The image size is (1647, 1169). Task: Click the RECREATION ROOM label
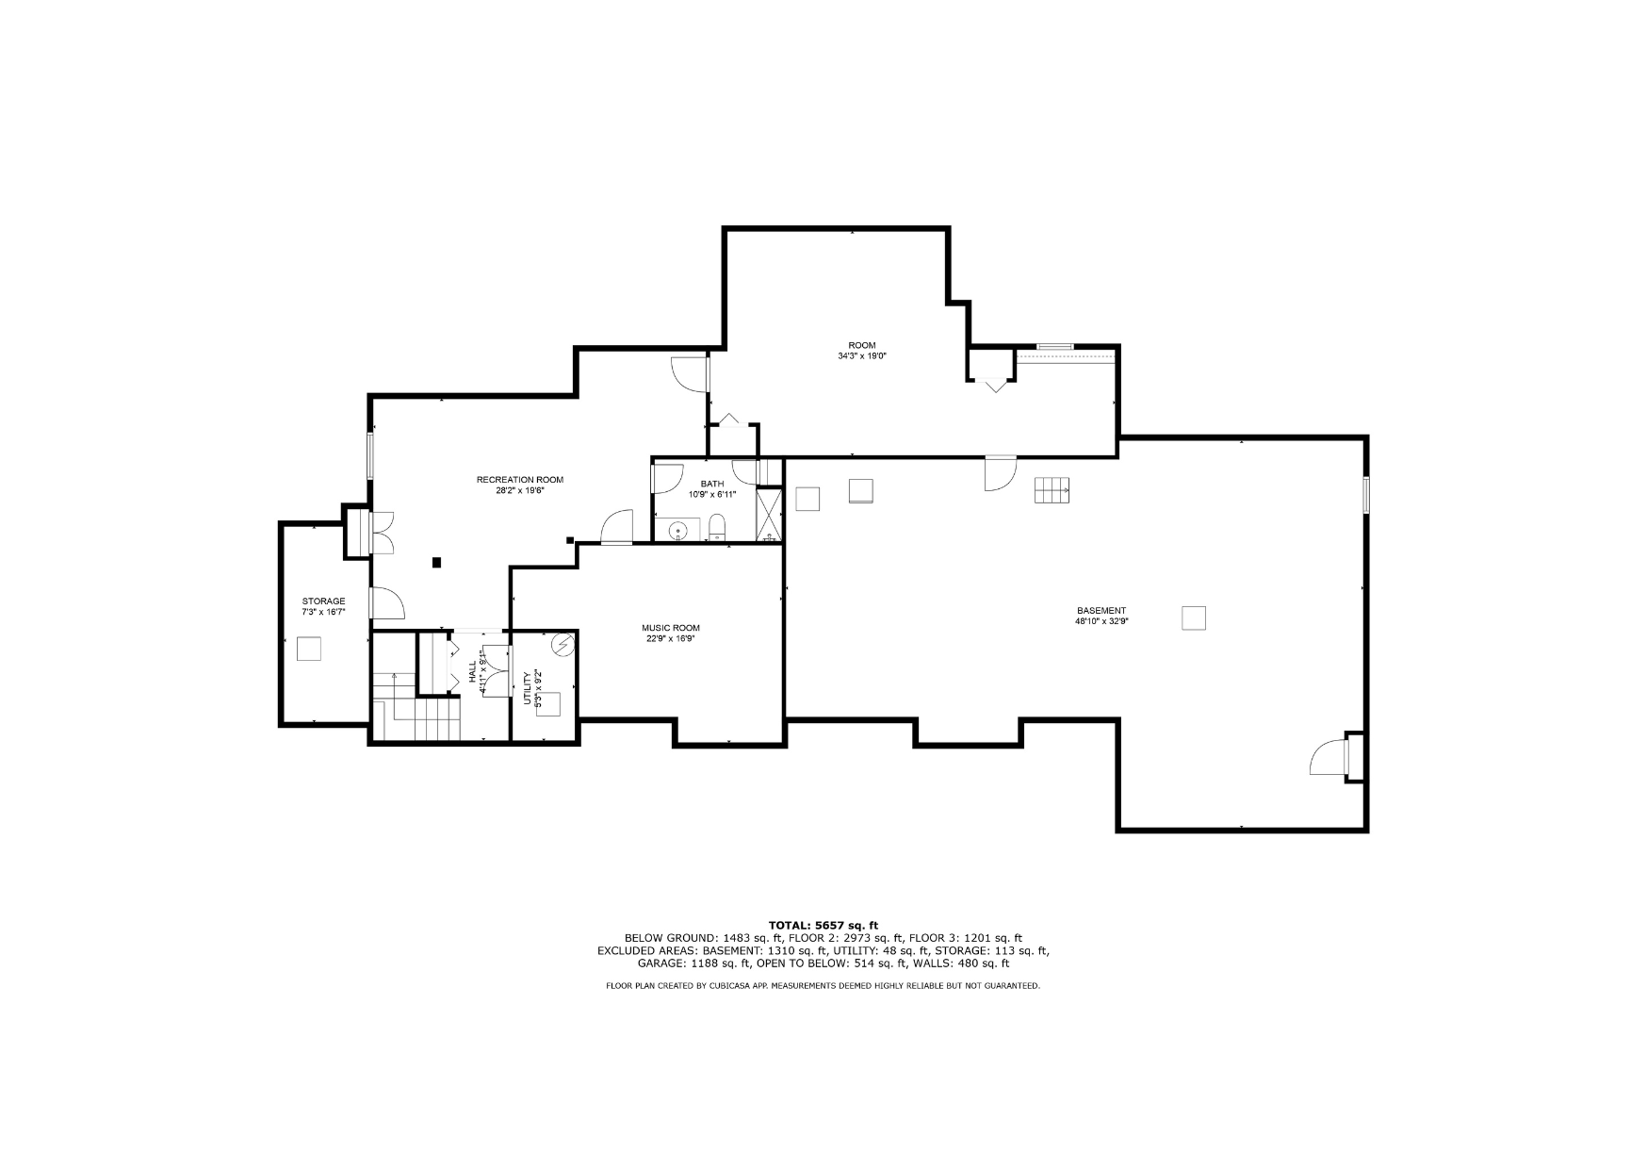pyautogui.click(x=519, y=480)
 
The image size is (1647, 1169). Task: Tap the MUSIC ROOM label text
pyautogui.click(x=671, y=628)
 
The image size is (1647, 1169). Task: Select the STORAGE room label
pyautogui.click(x=323, y=601)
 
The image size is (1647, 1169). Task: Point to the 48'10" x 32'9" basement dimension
pyautogui.click(x=1101, y=621)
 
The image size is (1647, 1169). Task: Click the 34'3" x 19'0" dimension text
pyautogui.click(x=862, y=356)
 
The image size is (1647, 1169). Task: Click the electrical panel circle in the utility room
pyautogui.click(x=563, y=645)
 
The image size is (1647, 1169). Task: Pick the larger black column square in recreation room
pyautogui.click(x=436, y=563)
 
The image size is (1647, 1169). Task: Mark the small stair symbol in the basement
pyautogui.click(x=1052, y=490)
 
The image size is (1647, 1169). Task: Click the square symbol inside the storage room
pyautogui.click(x=309, y=649)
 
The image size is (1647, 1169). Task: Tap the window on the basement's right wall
pyautogui.click(x=1365, y=496)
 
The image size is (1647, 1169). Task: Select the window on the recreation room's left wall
pyautogui.click(x=370, y=456)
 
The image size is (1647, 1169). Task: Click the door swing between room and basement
pyautogui.click(x=1001, y=473)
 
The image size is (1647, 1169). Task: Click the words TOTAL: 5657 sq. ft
pyautogui.click(x=823, y=926)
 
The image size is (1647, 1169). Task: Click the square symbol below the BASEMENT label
pyautogui.click(x=1194, y=617)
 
